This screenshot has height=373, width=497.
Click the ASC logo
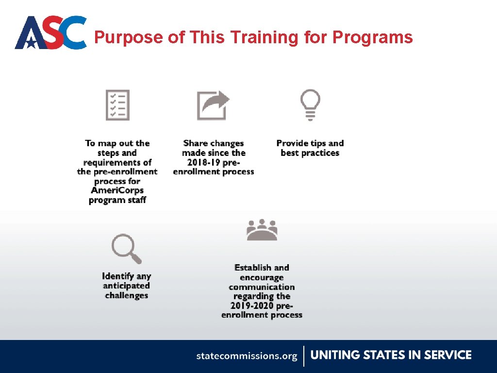[x=50, y=33]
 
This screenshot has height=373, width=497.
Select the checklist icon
[x=118, y=104]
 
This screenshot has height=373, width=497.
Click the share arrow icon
[x=213, y=105]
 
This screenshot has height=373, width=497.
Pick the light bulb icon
[x=311, y=104]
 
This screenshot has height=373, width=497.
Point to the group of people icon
[x=262, y=230]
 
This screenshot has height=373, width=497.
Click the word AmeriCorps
[x=117, y=190]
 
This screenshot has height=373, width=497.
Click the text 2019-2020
[x=252, y=305]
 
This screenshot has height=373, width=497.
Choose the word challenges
[x=126, y=295]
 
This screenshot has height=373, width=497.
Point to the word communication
[x=262, y=287]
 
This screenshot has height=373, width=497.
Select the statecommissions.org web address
[x=247, y=356]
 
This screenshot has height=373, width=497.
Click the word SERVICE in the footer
[x=447, y=355]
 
